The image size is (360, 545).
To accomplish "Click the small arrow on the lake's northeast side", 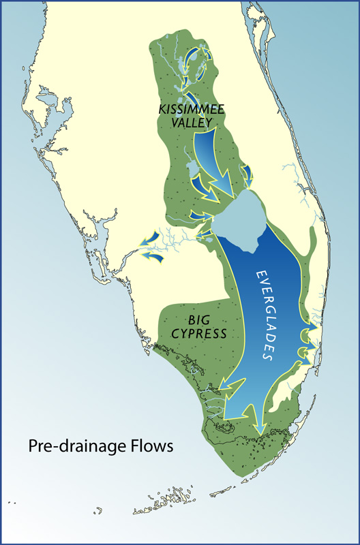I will coord(247,174).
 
